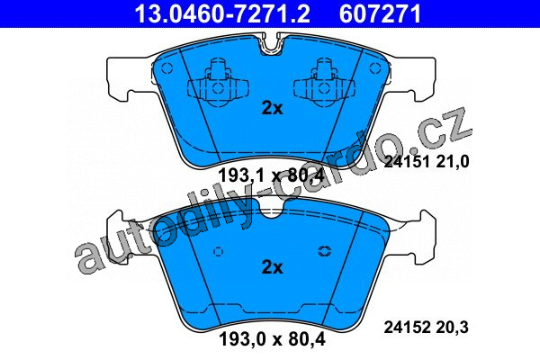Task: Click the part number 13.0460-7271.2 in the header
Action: point(222,13)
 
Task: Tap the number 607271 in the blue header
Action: point(380,13)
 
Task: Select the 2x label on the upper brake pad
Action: point(272,108)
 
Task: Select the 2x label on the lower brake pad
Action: point(272,267)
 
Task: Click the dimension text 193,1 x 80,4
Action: point(272,176)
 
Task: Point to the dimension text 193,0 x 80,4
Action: point(272,339)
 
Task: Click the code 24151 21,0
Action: point(427,161)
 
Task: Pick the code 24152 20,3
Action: point(427,327)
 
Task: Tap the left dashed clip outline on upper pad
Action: point(218,82)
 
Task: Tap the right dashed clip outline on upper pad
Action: point(324,82)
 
